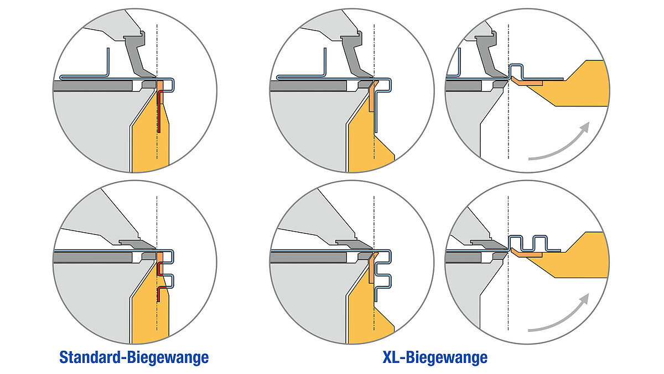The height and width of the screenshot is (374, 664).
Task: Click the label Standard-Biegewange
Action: [134, 358]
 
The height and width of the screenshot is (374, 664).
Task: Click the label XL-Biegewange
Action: [435, 357]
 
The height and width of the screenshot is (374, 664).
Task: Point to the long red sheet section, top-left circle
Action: [159, 111]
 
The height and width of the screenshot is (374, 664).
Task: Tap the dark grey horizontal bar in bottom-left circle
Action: [93, 257]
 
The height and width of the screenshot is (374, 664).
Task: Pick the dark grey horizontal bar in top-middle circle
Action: [308, 86]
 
